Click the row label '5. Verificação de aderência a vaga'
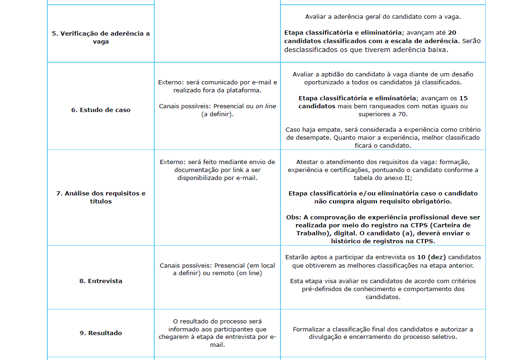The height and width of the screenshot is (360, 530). coord(101,37)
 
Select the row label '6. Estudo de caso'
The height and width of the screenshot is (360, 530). coord(101,110)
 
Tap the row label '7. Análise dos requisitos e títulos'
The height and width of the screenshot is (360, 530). coord(101,197)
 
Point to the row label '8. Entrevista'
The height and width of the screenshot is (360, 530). coord(101,281)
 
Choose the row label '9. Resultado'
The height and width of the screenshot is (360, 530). coord(101,333)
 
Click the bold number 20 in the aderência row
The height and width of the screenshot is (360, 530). coord(452,33)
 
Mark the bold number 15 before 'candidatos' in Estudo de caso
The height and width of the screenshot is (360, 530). coord(463,98)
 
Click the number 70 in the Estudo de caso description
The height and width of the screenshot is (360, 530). coord(404,114)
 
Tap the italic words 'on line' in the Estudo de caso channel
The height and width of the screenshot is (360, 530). coord(266,106)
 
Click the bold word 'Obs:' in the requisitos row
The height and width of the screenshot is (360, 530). coord(294,217)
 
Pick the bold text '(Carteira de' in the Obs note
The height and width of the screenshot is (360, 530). coord(455,225)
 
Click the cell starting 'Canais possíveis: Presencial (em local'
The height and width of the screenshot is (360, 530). coord(218,269)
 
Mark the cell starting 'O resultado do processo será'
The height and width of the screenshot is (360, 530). coord(218,333)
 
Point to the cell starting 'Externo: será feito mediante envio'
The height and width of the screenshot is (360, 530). coord(218,170)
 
